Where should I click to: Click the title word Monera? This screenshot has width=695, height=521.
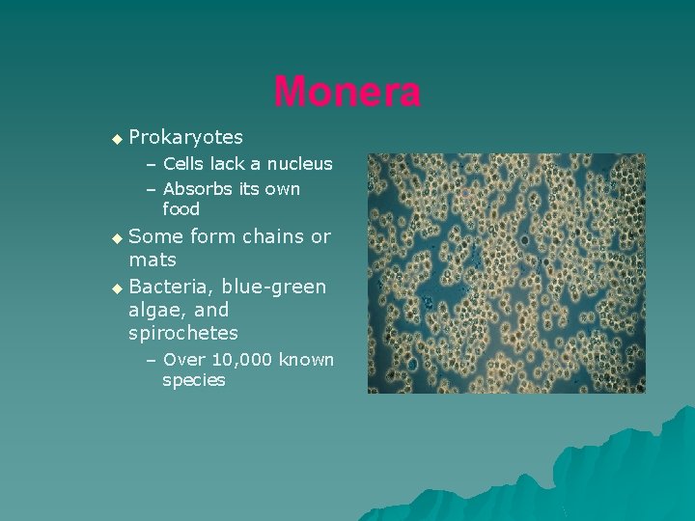[347, 93]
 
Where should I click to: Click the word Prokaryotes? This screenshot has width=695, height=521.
[185, 138]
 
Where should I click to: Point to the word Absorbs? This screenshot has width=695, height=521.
[196, 189]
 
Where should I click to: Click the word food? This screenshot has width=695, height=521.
[181, 209]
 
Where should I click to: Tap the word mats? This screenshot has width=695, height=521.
[153, 260]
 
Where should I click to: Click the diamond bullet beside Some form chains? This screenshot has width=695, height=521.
[117, 237]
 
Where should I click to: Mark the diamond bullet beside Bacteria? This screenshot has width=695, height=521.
[117, 288]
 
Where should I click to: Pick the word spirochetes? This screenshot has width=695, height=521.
[183, 333]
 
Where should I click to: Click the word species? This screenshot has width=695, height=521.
[194, 380]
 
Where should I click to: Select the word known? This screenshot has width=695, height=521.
[306, 360]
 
